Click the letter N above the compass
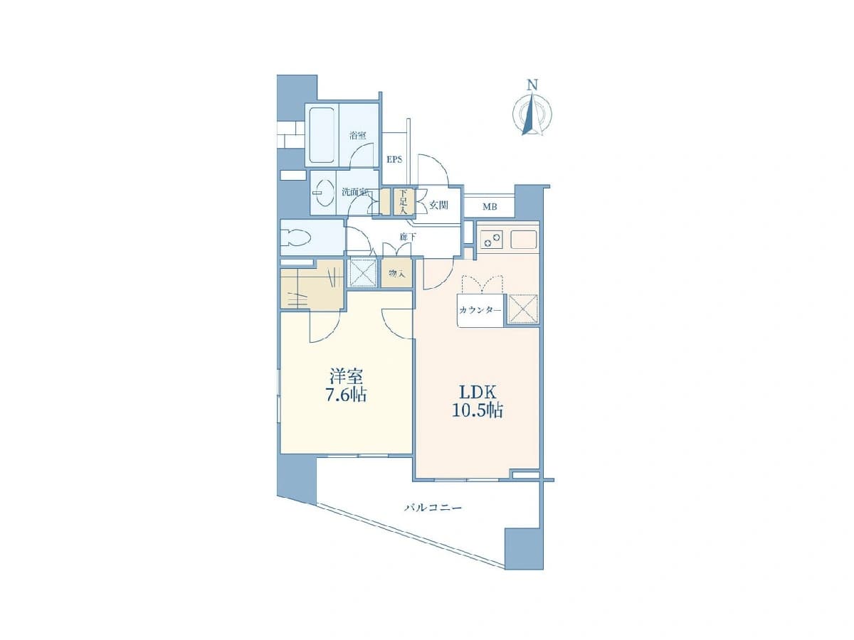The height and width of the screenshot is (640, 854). click(532, 85)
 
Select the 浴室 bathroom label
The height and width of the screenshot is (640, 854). click(357, 135)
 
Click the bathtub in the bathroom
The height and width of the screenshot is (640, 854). click(322, 135)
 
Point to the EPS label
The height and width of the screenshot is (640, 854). click(394, 159)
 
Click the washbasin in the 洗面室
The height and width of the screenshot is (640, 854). click(322, 192)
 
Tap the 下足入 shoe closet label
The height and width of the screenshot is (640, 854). click(403, 202)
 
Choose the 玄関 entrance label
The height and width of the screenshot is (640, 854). click(438, 205)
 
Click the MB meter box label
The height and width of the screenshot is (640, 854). click(490, 207)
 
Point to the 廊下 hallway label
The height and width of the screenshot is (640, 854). click(405, 237)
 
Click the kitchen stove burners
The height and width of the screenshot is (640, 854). click(492, 240)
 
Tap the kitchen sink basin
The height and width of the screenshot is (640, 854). click(523, 240)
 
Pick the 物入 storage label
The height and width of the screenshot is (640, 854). click(396, 274)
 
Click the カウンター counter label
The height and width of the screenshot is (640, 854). click(480, 310)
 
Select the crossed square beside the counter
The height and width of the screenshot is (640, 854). click(523, 309)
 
